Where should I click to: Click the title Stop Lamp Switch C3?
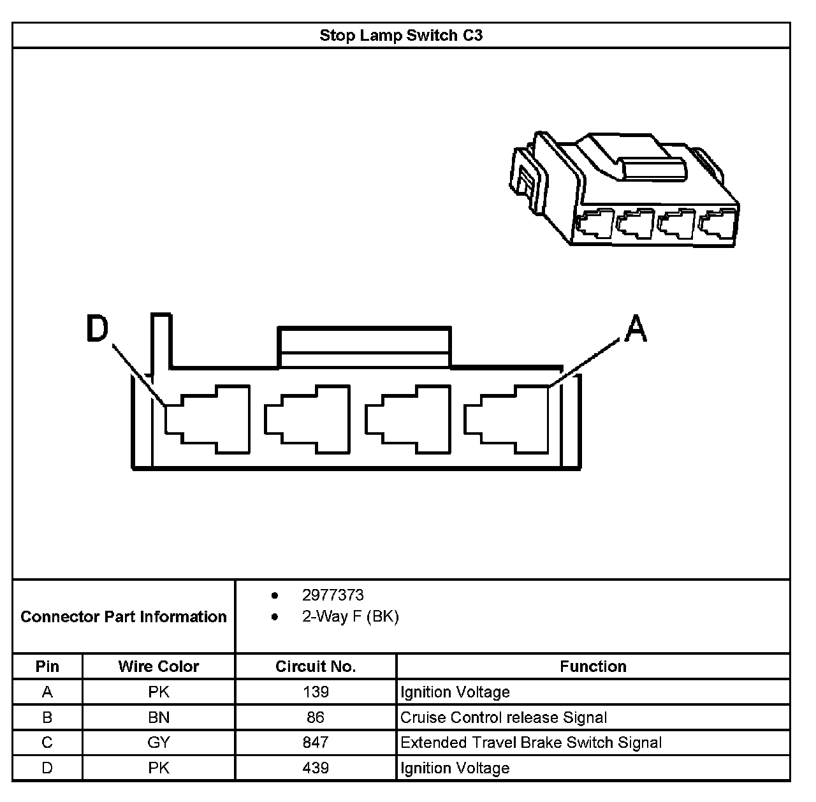401,35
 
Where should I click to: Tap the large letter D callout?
98,330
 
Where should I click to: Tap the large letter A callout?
635,330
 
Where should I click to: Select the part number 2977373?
333,595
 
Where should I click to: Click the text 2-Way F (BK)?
350,616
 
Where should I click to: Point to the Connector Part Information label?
124,616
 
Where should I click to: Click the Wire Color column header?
159,666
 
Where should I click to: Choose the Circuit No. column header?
316,666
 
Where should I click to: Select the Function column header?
593,666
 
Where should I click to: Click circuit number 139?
316,692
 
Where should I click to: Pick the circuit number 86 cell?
316,717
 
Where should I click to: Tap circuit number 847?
316,742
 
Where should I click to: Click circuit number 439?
316,768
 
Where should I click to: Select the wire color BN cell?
159,717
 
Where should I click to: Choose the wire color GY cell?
159,742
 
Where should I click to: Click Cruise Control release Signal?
504,717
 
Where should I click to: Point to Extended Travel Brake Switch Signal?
531,742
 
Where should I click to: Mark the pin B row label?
47,717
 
